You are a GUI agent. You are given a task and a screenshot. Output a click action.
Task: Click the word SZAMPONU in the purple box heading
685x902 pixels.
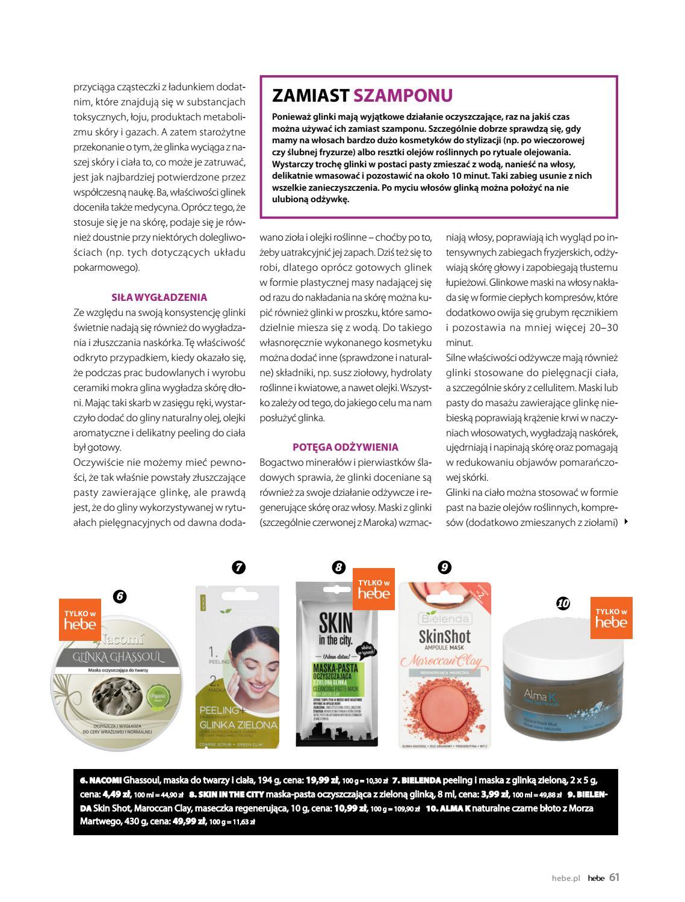click(403, 95)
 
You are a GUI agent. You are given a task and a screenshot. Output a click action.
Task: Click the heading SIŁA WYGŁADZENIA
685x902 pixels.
click(160, 297)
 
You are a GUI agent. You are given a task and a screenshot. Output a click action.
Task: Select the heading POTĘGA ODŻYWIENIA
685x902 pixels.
click(346, 447)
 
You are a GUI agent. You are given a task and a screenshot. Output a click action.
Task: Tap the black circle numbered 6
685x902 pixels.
click(119, 596)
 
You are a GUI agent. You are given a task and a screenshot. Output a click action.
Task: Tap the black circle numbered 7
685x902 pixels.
click(238, 567)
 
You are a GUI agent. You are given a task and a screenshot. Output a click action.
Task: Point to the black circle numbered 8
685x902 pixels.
click(339, 567)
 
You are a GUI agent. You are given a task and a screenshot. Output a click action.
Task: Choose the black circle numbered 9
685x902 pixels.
click(444, 567)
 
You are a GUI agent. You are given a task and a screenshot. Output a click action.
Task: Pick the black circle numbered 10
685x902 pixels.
click(563, 603)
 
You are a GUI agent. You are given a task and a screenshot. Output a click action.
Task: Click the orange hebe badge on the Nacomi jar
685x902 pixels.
click(80, 620)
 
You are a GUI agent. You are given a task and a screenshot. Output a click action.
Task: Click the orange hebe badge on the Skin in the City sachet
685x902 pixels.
click(373, 589)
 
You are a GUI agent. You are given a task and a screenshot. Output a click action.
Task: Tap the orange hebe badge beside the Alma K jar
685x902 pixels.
click(610, 619)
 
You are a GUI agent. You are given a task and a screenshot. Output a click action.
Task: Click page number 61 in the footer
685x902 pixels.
click(614, 877)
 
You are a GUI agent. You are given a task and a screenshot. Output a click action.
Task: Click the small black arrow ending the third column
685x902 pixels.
click(627, 522)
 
